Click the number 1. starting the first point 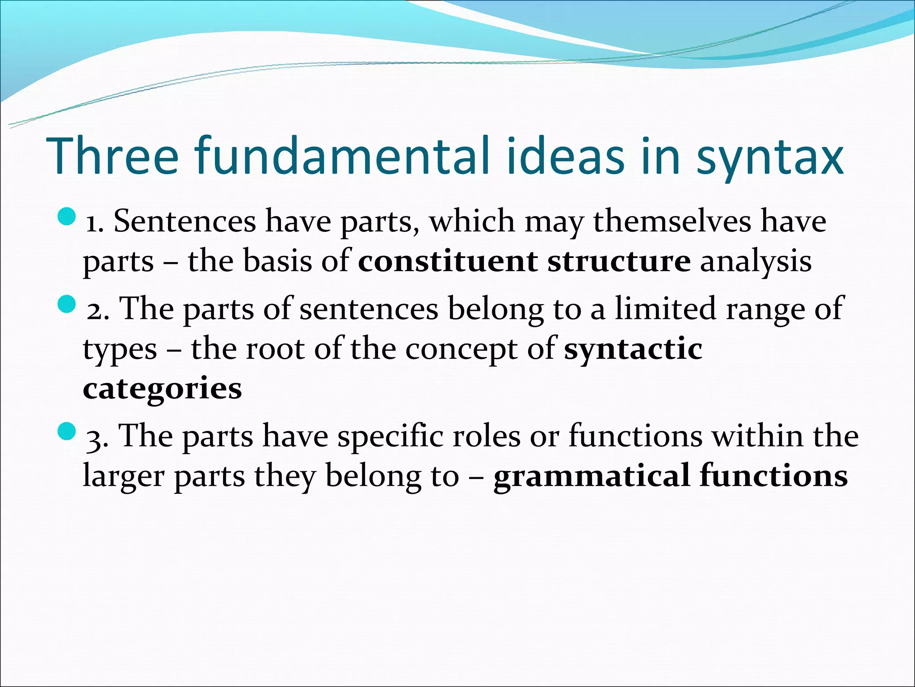coord(94,222)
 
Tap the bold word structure coord(619,261)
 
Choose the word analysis coord(756,262)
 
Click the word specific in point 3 coord(390,437)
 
